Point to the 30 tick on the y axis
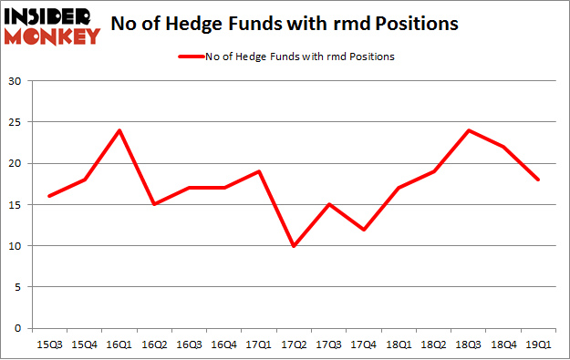coord(16,81)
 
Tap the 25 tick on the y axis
coord(16,122)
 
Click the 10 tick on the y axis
coord(16,246)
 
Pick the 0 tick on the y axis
coord(19,328)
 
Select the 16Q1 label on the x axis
coord(119,344)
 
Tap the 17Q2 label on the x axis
coord(294,344)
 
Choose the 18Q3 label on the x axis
coord(469,344)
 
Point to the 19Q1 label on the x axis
coord(538,344)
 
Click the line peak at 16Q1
coord(119,130)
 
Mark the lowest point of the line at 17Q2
coord(294,245)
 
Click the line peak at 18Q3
coord(469,130)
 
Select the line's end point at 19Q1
coord(538,180)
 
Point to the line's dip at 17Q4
coord(364,229)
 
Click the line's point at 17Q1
coord(259,171)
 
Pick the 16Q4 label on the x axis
coord(223,344)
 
